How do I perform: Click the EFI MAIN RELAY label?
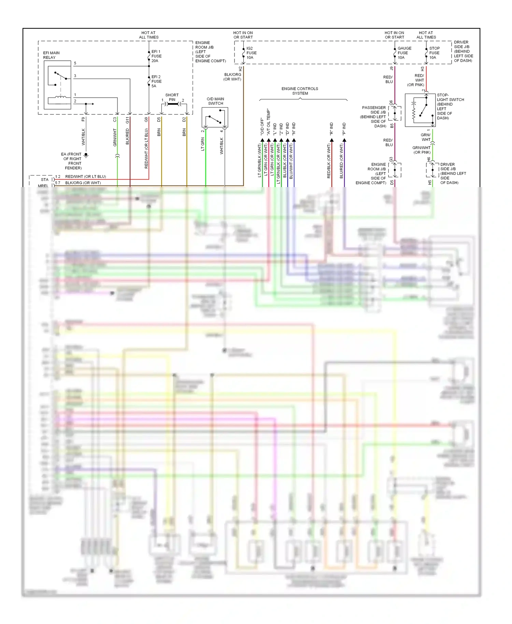(x=51, y=55)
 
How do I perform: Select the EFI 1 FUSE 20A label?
(x=156, y=56)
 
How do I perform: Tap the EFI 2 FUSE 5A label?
(x=156, y=82)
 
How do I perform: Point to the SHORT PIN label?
(x=172, y=97)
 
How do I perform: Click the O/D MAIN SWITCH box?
(x=215, y=117)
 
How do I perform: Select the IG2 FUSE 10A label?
(x=251, y=53)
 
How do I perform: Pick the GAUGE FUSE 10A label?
(x=404, y=53)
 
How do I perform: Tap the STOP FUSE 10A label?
(x=434, y=53)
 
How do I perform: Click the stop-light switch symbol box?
(x=420, y=110)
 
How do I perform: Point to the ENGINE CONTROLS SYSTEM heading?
(x=300, y=91)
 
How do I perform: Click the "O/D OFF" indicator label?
(x=262, y=127)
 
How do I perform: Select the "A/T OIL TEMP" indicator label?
(x=269, y=122)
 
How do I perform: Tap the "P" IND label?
(x=344, y=128)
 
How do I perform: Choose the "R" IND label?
(x=331, y=128)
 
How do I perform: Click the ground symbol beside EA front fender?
(x=86, y=155)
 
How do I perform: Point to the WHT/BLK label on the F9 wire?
(x=83, y=137)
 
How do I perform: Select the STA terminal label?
(x=45, y=180)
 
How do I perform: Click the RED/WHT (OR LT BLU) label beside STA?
(x=86, y=176)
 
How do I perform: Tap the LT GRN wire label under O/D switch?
(x=203, y=144)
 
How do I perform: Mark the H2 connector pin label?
(x=240, y=69)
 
